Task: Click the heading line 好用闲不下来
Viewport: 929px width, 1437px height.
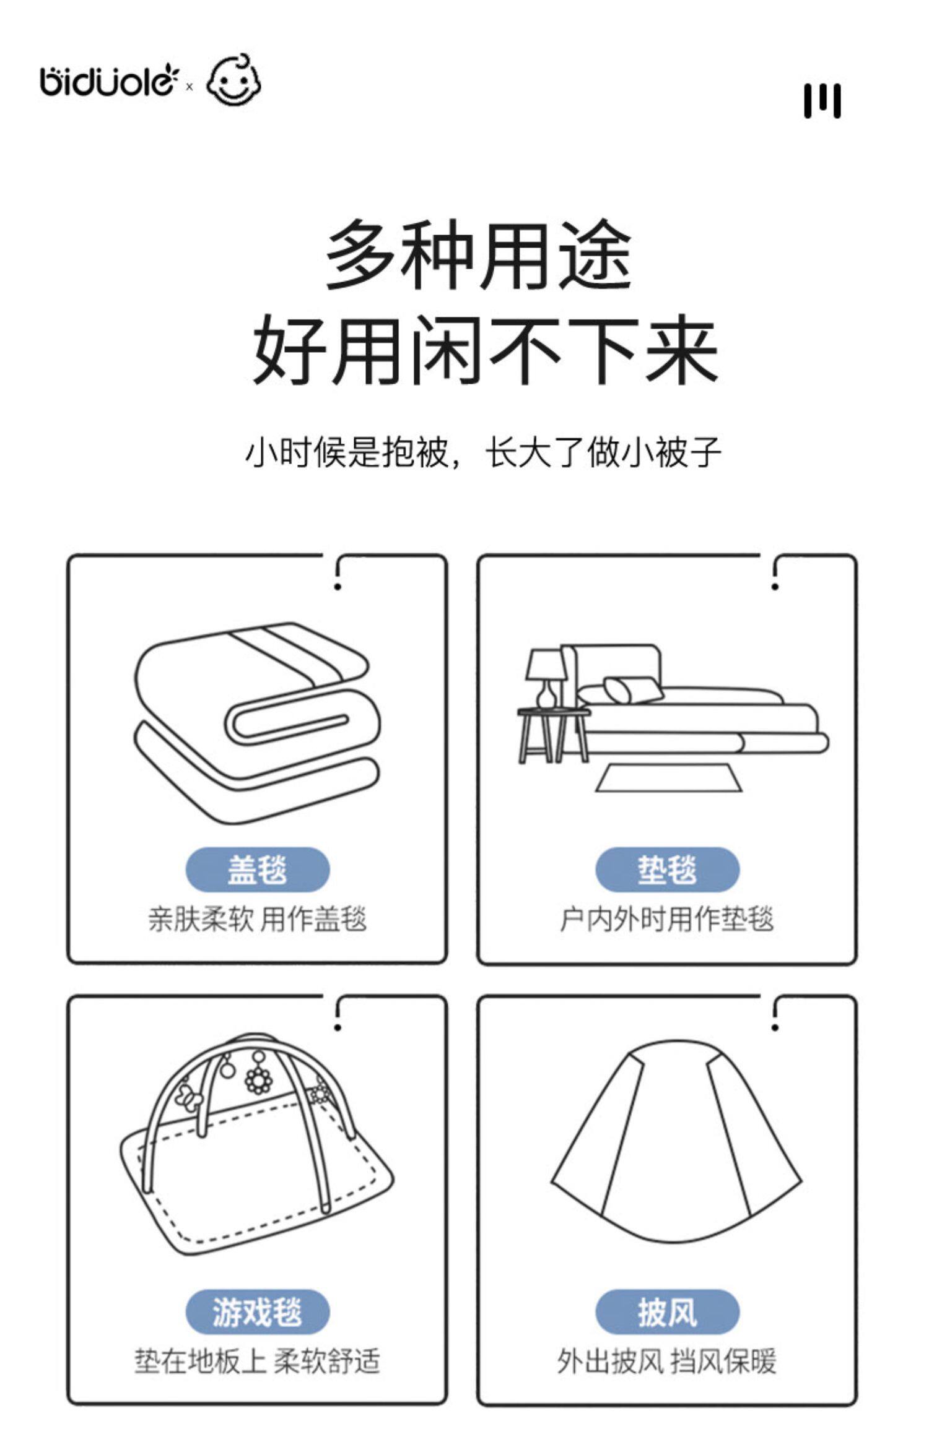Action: [484, 350]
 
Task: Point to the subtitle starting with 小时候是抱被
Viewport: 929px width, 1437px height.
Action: [483, 452]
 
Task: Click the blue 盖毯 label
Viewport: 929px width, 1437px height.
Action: [257, 870]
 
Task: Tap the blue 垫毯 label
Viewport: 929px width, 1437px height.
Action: [667, 870]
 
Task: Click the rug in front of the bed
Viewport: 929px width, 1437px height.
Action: [668, 778]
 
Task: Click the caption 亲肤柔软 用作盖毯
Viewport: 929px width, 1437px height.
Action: [257, 919]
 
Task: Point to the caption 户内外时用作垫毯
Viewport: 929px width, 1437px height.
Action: [667, 919]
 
